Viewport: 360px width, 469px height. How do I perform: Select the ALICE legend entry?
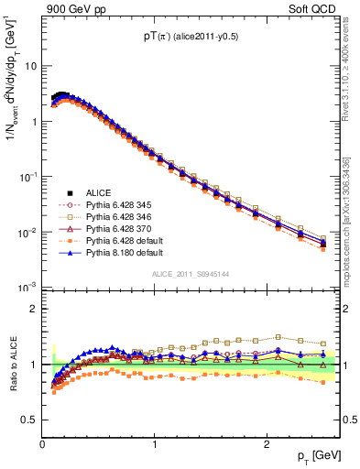pyautogui.click(x=99, y=192)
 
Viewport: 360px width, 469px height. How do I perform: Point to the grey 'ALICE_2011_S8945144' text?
pyautogui.click(x=190, y=274)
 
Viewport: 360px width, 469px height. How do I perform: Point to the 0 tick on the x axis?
pyautogui.click(x=42, y=443)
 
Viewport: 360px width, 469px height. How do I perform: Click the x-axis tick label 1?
pyautogui.click(x=154, y=443)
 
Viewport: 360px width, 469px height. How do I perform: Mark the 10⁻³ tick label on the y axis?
pyautogui.click(x=27, y=287)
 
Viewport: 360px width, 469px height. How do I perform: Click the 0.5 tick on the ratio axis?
pyautogui.click(x=29, y=420)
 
